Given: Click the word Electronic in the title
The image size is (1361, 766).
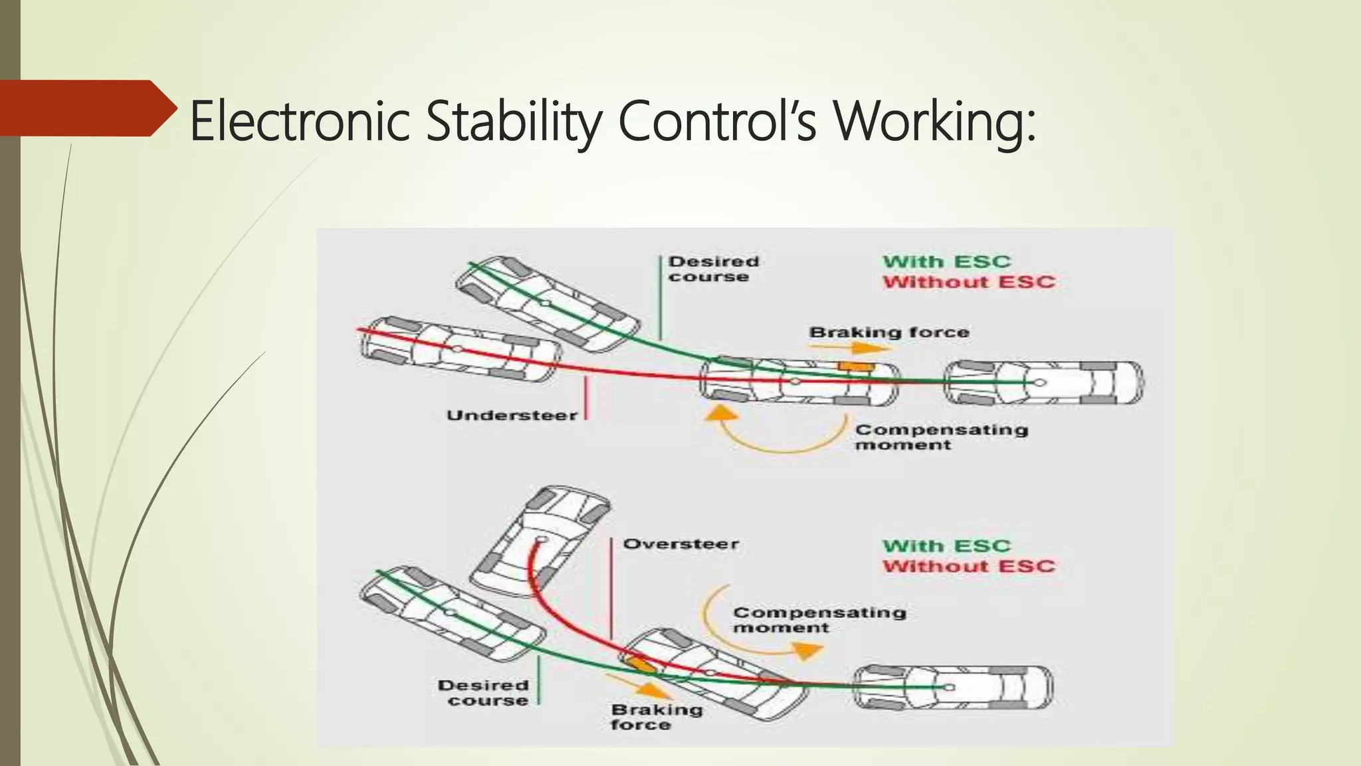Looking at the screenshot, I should (x=299, y=121).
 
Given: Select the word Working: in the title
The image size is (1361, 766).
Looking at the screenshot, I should (x=934, y=121).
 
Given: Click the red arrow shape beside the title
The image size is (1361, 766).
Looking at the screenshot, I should (x=86, y=108).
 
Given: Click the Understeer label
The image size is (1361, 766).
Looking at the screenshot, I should (x=512, y=416).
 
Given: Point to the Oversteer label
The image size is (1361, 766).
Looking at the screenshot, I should (x=680, y=544).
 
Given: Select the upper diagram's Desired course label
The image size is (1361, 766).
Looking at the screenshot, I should (x=713, y=269).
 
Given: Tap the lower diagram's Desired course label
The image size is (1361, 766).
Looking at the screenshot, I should (x=484, y=693).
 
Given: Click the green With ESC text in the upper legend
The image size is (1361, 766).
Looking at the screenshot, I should (x=946, y=262).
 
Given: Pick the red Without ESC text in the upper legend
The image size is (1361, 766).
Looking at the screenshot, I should (x=969, y=282).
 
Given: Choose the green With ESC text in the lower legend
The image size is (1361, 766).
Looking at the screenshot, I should (x=946, y=546).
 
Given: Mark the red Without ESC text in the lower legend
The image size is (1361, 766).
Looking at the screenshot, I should (x=969, y=567).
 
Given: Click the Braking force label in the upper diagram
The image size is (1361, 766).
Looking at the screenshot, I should (x=889, y=332).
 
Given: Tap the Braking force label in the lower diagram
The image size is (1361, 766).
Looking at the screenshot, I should (x=657, y=717).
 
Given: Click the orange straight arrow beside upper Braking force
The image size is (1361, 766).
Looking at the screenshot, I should (x=871, y=348).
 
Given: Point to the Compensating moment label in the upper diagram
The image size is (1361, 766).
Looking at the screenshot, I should (x=941, y=437).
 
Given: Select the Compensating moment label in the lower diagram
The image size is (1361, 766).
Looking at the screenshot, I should (x=819, y=620).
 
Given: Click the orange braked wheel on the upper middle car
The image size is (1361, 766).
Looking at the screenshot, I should (x=856, y=366).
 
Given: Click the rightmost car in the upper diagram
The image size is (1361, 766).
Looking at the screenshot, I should (x=1043, y=383).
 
